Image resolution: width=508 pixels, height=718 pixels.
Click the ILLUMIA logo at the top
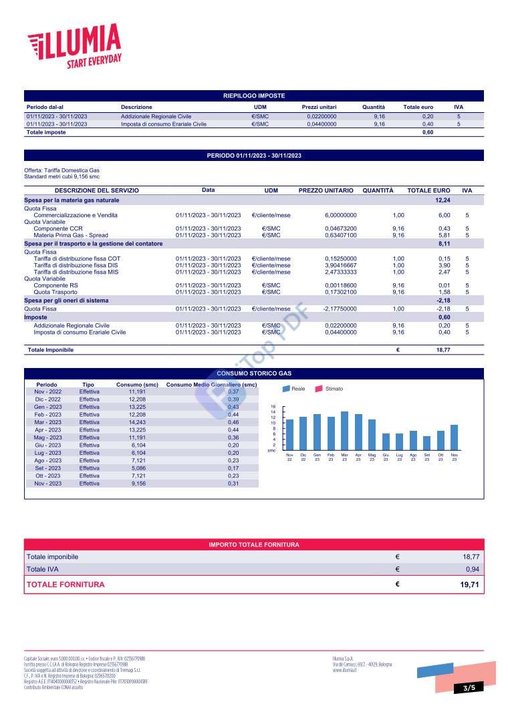click(74, 45)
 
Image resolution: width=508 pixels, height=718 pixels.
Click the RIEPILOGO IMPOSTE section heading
click(253, 96)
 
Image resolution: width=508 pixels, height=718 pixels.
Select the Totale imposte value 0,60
click(427, 132)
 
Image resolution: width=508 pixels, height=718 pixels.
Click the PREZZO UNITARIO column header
click(326, 190)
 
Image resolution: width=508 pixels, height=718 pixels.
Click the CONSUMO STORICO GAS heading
click(253, 373)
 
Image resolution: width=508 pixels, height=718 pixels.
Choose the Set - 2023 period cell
click(48, 468)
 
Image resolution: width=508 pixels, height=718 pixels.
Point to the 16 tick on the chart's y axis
click(273, 406)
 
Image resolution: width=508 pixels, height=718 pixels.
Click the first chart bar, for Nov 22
click(289, 433)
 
